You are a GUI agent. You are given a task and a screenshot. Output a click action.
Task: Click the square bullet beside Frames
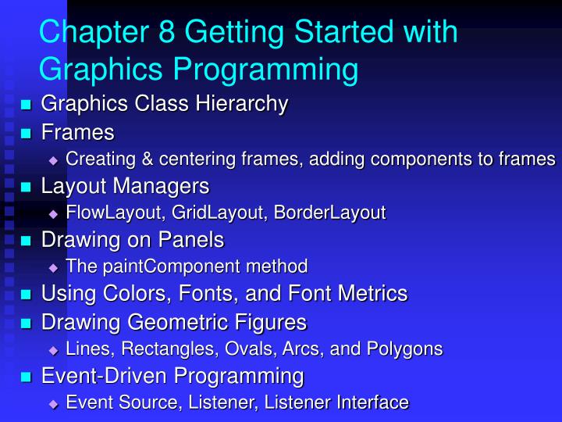click(25, 132)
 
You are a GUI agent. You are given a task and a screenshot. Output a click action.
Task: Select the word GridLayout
click(205, 213)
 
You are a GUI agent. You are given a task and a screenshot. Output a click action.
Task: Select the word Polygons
click(407, 349)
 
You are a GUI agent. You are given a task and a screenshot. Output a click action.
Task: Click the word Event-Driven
click(105, 376)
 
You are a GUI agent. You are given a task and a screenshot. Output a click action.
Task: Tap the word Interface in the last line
click(372, 402)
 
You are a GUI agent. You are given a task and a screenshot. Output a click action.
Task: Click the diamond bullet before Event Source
click(53, 403)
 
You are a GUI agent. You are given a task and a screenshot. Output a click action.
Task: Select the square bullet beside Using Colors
click(25, 295)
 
